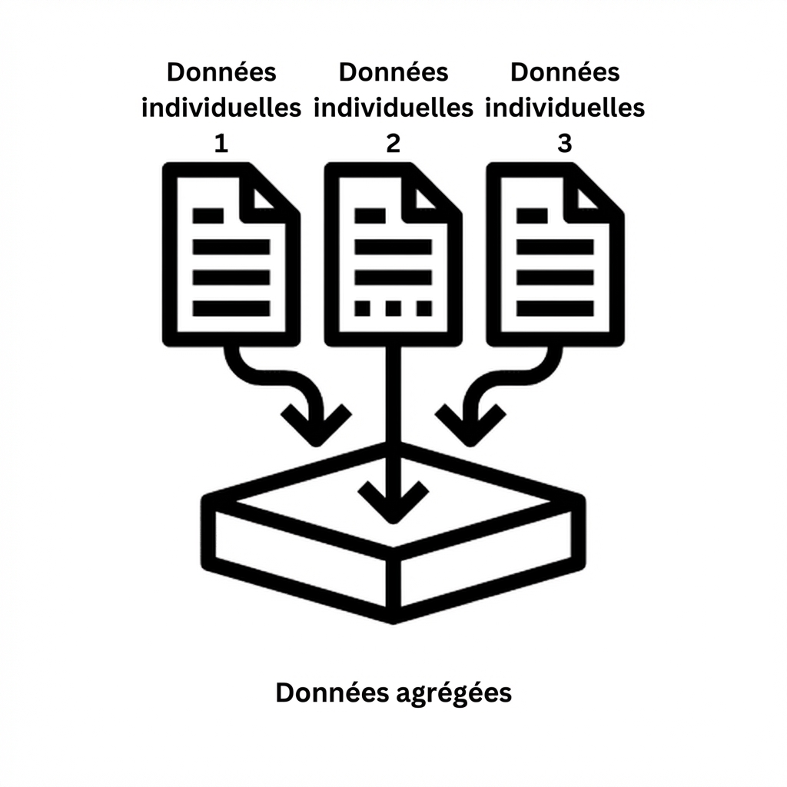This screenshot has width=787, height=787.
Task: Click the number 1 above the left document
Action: coord(221,144)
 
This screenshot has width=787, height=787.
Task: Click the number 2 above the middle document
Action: coord(393,144)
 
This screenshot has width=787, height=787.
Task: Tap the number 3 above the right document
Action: coord(565,144)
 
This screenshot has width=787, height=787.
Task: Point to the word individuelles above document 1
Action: coord(221,108)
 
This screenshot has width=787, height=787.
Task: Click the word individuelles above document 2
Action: coord(393,108)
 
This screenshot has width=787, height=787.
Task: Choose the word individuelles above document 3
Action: coord(565,108)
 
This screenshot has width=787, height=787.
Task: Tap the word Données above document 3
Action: coord(565,71)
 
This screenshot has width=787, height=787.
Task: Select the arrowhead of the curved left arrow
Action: coord(316,427)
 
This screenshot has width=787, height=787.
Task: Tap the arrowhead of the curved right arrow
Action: coord(470,427)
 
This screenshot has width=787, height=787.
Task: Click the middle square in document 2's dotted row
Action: coord(393,308)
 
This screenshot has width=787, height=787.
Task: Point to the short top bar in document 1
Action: coord(208,216)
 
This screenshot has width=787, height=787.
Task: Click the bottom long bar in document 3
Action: coord(555,308)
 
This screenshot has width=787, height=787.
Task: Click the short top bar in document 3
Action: coord(532,216)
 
